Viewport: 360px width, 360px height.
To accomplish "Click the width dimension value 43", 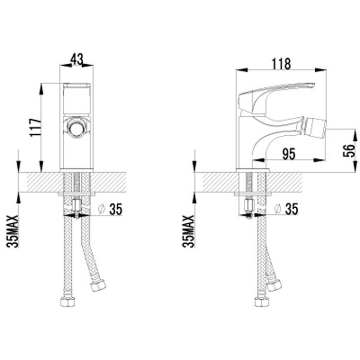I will [x=76, y=59].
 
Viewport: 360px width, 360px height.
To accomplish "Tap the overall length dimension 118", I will [x=281, y=63].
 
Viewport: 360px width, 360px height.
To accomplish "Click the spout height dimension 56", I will [x=348, y=150].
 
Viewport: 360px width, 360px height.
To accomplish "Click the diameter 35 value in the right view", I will [x=291, y=208].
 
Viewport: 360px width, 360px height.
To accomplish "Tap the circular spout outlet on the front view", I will [x=76, y=128].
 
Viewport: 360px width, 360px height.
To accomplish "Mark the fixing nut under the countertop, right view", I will [x=251, y=206].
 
